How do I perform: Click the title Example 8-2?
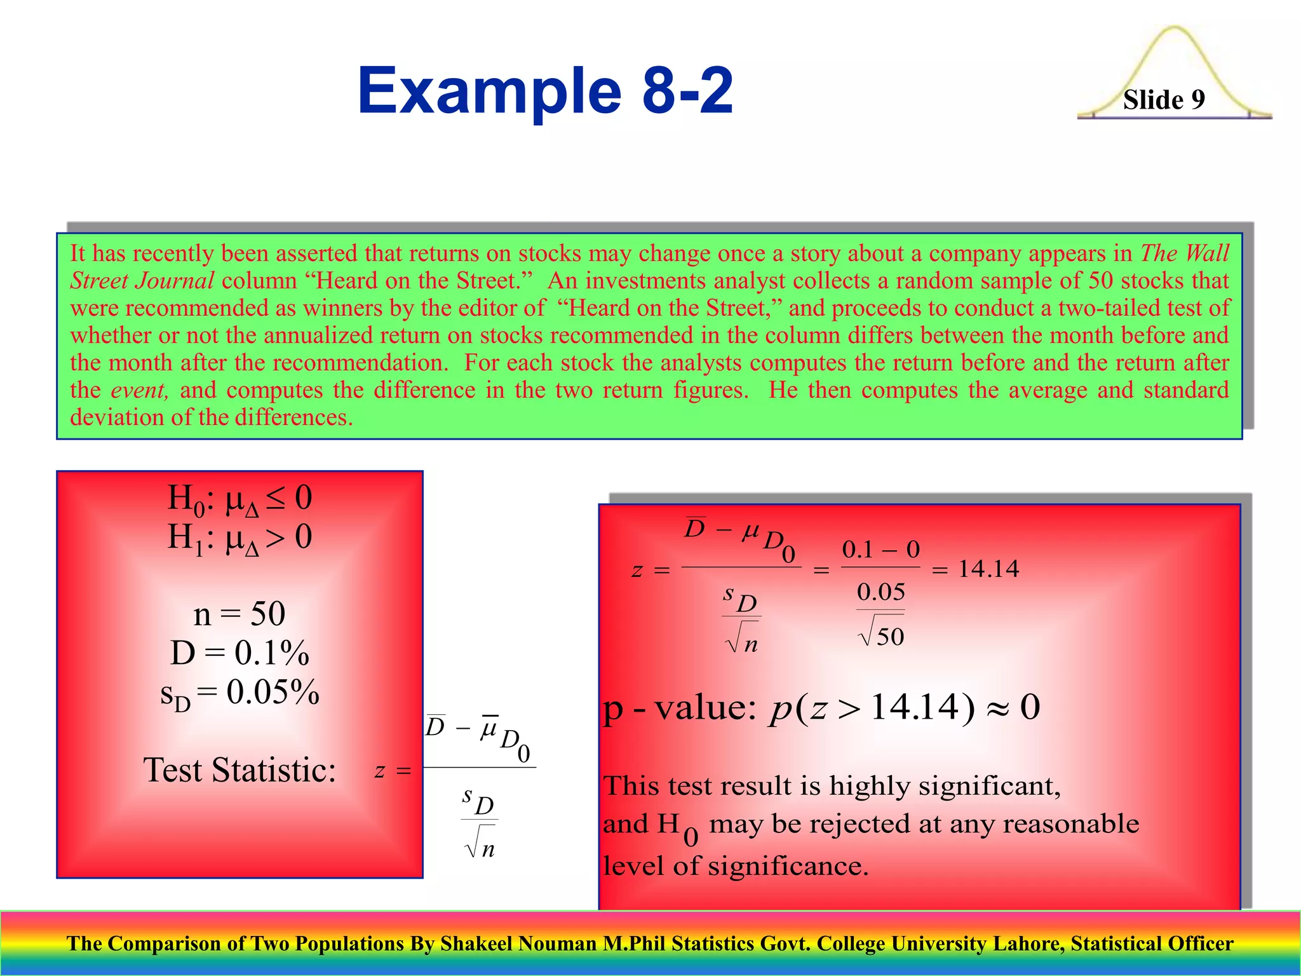pyautogui.click(x=545, y=91)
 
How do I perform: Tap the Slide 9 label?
pyautogui.click(x=1164, y=100)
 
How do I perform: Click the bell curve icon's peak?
pyautogui.click(x=1174, y=29)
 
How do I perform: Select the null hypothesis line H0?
pyautogui.click(x=239, y=499)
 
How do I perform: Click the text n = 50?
pyautogui.click(x=239, y=614)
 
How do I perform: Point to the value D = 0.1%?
pyautogui.click(x=239, y=653)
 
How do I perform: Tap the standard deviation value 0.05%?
pyautogui.click(x=273, y=693)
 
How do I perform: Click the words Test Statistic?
pyautogui.click(x=239, y=770)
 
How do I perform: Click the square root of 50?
pyautogui.click(x=881, y=634)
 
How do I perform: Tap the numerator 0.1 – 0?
pyautogui.click(x=880, y=550)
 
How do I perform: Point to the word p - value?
pyautogui.click(x=678, y=708)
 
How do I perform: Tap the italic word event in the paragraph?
pyautogui.click(x=140, y=390)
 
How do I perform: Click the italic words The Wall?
pyautogui.click(x=1185, y=254)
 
